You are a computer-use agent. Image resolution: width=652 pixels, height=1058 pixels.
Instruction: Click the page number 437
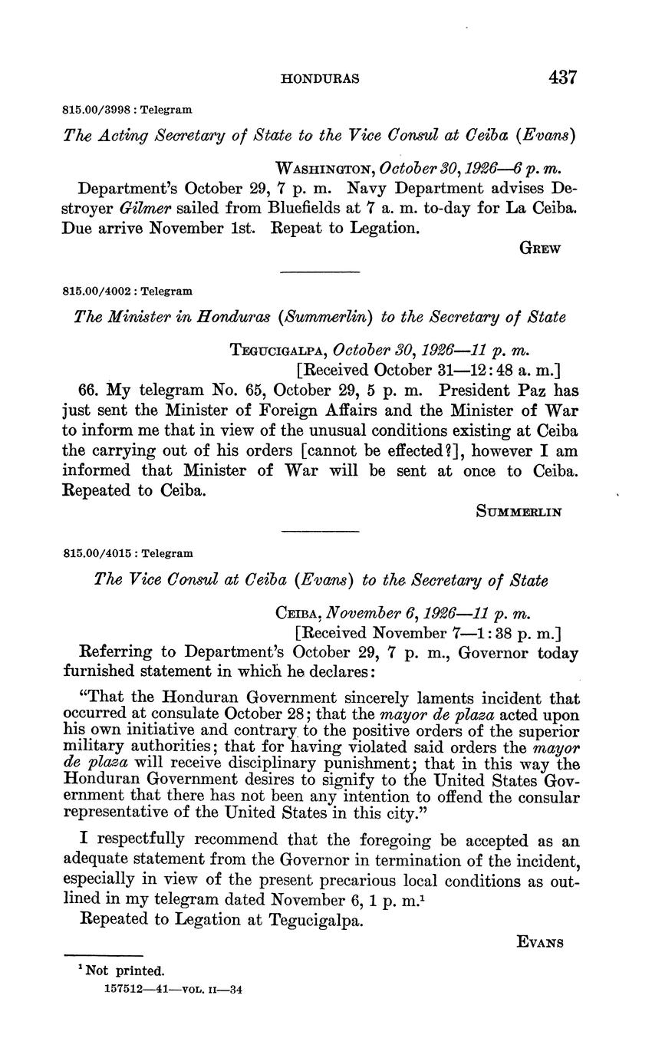coord(561,77)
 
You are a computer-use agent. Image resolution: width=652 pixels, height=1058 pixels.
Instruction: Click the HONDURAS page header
coord(321,78)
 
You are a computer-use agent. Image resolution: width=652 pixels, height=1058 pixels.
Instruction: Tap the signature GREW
coord(541,248)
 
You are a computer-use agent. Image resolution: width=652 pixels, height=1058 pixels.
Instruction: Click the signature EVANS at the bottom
coord(541,943)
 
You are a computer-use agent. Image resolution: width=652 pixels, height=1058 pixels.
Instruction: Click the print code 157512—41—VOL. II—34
coord(173,989)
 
